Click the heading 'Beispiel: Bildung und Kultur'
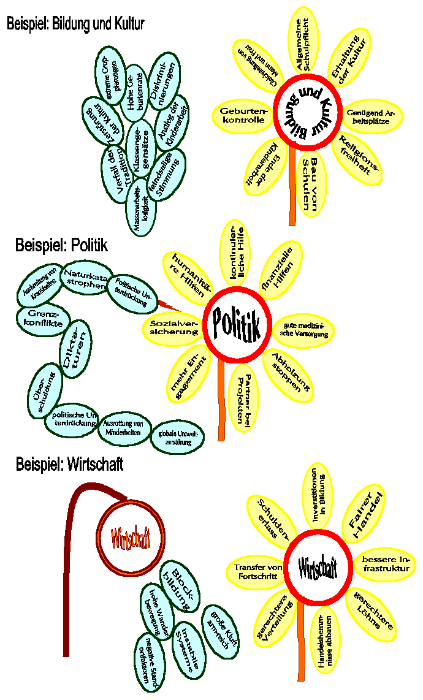tap(75, 24)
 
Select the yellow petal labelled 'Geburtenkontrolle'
tap(242, 115)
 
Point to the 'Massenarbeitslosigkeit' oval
tap(143, 205)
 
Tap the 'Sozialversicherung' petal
tap(172, 327)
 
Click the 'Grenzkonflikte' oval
tap(41, 318)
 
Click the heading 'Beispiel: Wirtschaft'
tap(69, 464)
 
